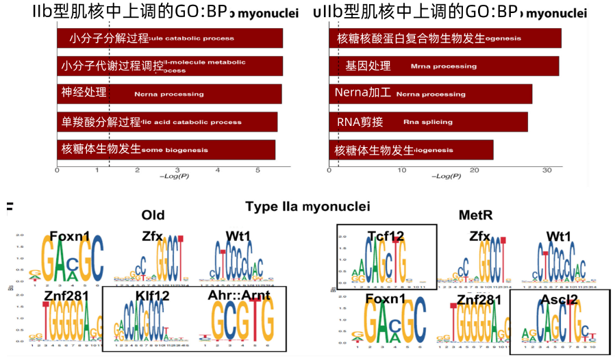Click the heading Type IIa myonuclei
[307, 207]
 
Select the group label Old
[153, 215]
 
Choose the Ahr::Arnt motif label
[238, 296]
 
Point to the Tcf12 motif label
[386, 236]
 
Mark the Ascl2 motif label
[559, 299]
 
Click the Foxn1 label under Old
[70, 236]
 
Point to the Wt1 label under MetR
[559, 236]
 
